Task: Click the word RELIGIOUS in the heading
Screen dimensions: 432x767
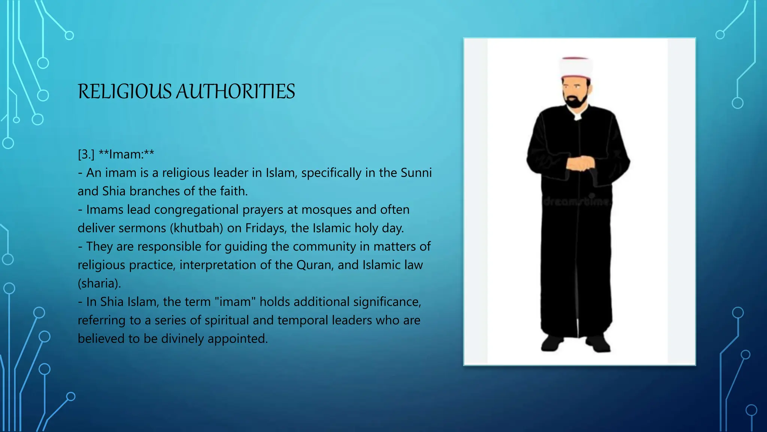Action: pyautogui.click(x=124, y=91)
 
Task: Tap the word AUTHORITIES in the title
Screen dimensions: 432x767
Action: pyautogui.click(x=236, y=91)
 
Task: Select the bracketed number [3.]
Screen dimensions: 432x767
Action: pyautogui.click(x=86, y=154)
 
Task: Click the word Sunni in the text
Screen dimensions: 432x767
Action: pyautogui.click(x=416, y=172)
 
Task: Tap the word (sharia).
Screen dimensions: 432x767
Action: pyautogui.click(x=99, y=283)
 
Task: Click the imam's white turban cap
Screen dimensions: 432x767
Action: pyautogui.click(x=576, y=67)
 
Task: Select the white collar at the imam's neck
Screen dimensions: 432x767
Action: pyautogui.click(x=578, y=117)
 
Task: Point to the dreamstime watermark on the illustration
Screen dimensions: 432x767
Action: pyautogui.click(x=577, y=201)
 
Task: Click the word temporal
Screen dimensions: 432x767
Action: pyautogui.click(x=302, y=320)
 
